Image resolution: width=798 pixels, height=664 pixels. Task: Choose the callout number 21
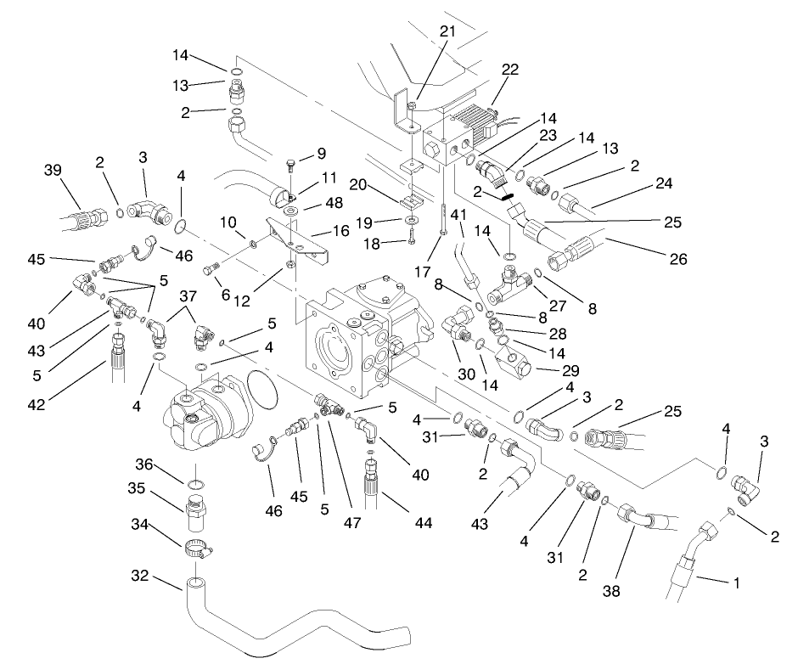(447, 31)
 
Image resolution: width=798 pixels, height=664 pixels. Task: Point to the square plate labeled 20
(411, 201)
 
